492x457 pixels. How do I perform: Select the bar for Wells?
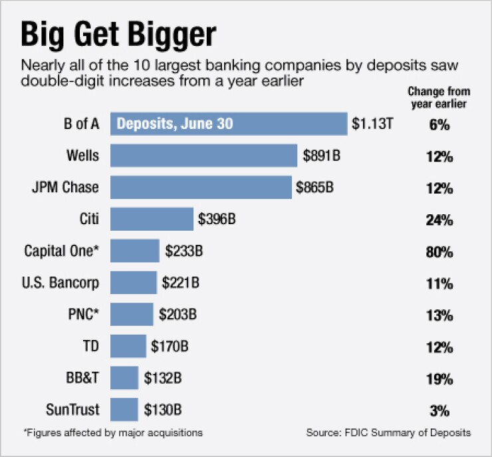coord(203,156)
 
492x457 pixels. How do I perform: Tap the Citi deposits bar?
coord(152,219)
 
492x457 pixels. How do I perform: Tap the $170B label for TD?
coord(169,347)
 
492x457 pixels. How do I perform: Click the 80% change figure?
coord(439,252)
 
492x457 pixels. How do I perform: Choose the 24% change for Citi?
coord(439,220)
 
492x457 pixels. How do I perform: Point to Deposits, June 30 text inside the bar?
coord(176,124)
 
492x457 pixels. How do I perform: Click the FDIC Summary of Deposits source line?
coord(388,433)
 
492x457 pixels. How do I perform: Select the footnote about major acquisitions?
coord(113,433)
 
